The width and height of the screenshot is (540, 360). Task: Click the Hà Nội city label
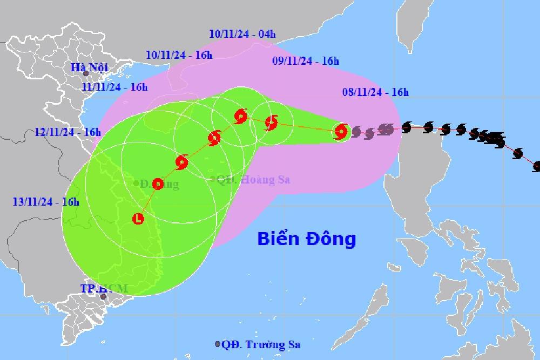tap(90, 67)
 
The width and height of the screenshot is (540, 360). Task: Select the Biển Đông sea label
tap(307, 238)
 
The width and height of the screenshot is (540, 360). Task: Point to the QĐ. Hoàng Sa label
tap(253, 180)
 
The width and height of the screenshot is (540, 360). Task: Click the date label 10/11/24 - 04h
tap(242, 34)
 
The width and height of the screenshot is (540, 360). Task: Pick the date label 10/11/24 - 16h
tap(179, 55)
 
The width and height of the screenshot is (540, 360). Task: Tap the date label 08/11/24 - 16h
tap(375, 93)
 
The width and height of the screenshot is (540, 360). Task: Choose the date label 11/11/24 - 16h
tap(114, 86)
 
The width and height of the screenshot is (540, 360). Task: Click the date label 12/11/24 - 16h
tap(67, 132)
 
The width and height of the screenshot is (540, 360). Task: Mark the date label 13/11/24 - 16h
tap(46, 202)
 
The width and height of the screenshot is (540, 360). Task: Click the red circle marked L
tap(138, 219)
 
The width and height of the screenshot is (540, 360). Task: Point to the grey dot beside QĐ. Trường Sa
tap(218, 344)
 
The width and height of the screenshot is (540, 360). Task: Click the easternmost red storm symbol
tap(341, 131)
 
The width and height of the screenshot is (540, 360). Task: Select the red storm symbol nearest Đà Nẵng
tap(158, 184)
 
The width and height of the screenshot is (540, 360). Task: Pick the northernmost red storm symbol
tap(241, 116)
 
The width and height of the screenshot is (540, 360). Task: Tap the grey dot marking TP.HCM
tap(103, 296)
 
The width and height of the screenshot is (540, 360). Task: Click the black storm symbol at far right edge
tap(537, 166)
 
